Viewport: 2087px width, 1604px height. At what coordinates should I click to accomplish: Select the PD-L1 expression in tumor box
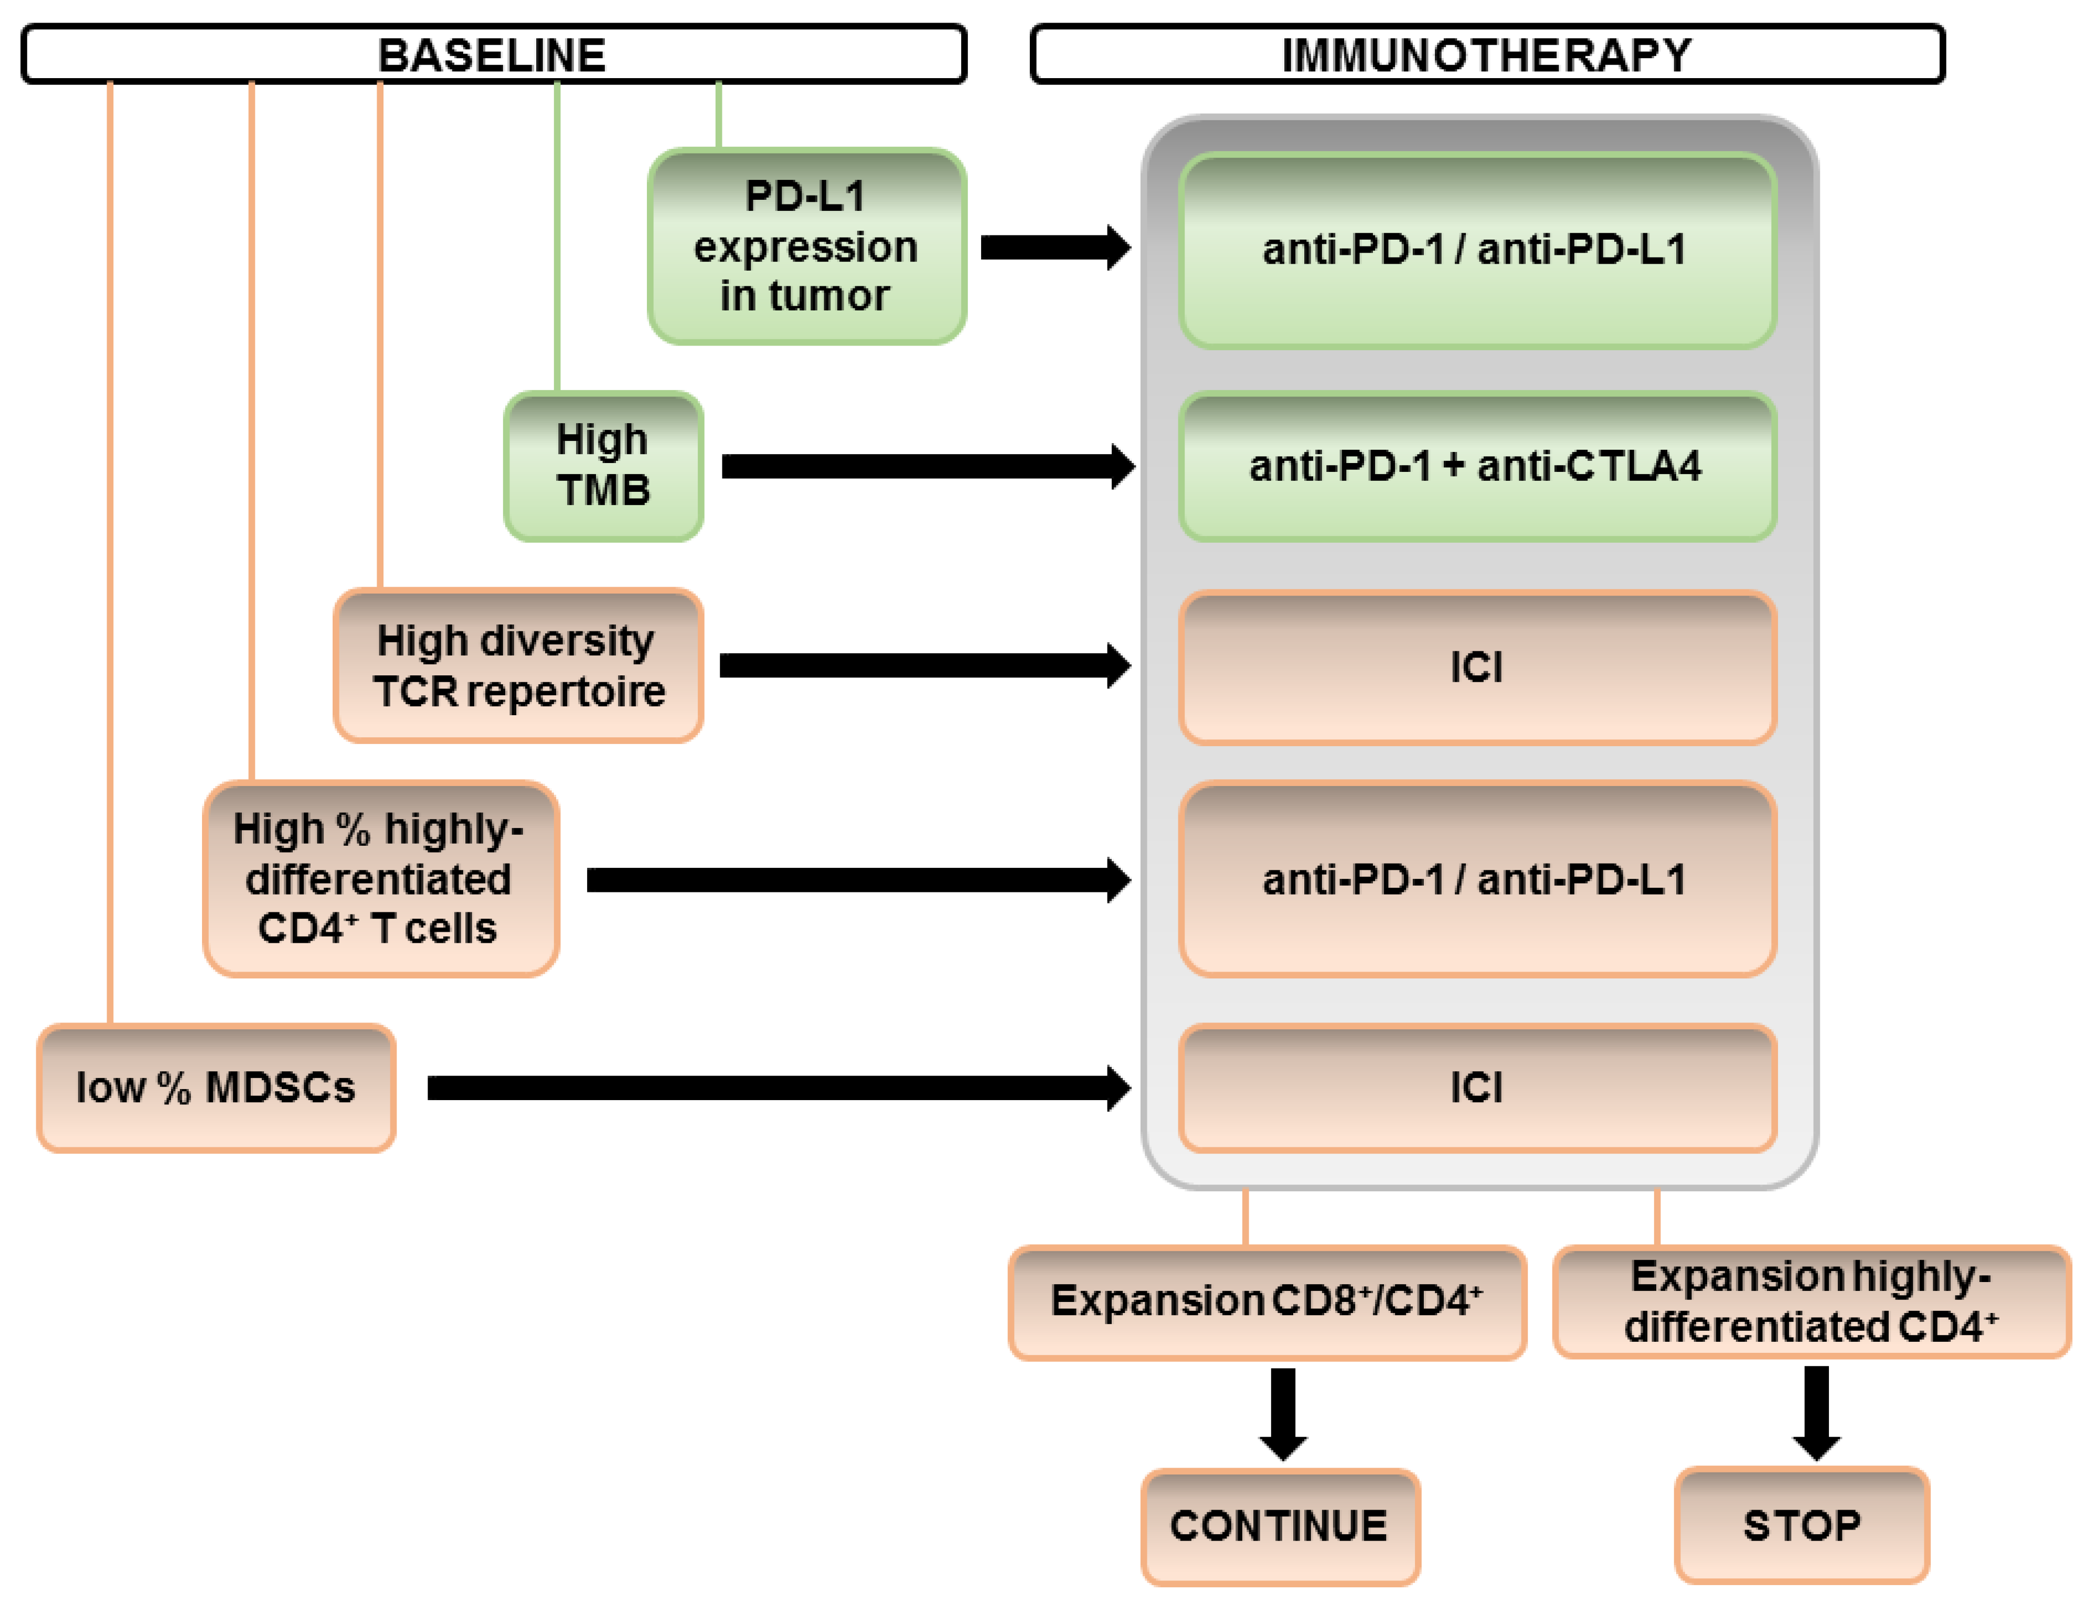(x=806, y=246)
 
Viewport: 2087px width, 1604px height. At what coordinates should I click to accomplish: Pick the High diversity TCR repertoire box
(x=518, y=665)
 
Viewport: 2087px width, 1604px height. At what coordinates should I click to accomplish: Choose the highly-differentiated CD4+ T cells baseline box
(x=380, y=878)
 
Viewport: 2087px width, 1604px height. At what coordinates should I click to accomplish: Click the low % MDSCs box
(x=216, y=1088)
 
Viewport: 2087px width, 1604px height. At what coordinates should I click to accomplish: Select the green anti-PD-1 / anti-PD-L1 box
(x=1477, y=250)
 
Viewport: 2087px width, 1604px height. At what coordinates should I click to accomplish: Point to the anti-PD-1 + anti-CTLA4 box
(x=1477, y=467)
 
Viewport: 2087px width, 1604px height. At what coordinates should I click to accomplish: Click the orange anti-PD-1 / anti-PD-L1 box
(x=1477, y=879)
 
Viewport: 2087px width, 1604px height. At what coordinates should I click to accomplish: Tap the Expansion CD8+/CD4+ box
(x=1266, y=1302)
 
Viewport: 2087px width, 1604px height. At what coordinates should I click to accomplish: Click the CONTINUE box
(x=1280, y=1526)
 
